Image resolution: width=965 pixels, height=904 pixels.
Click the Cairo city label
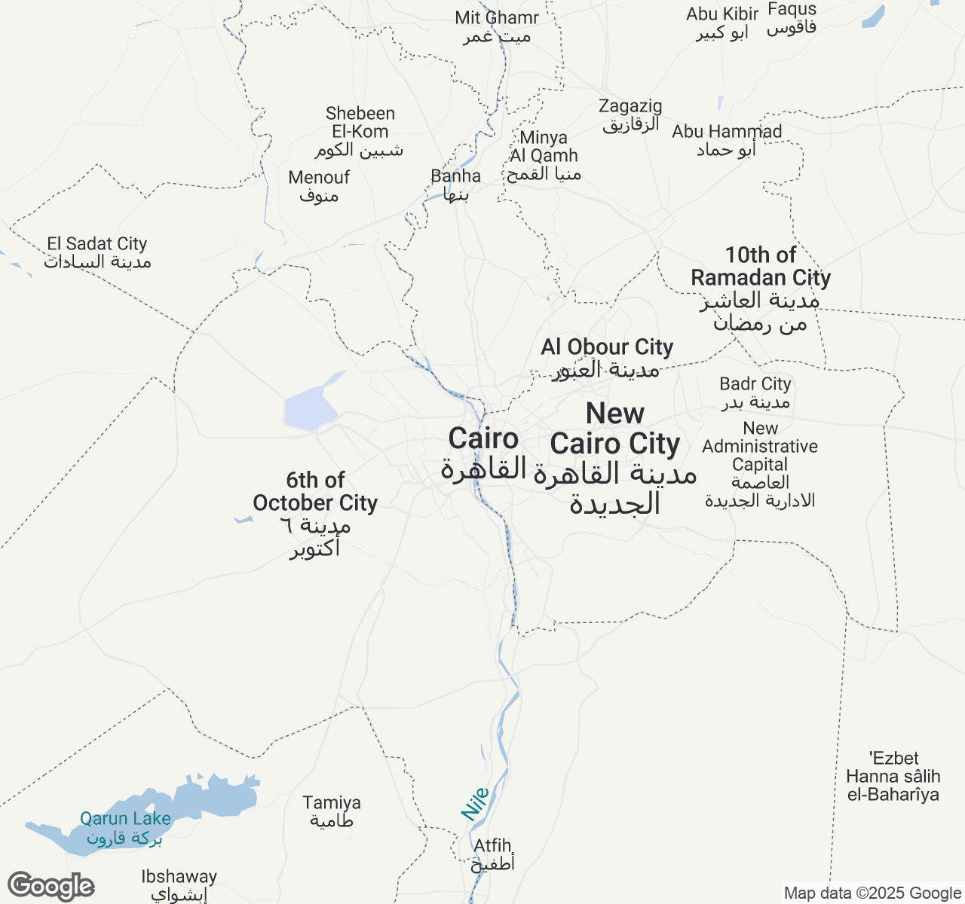point(483,453)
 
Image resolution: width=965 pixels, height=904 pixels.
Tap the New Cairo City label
point(615,458)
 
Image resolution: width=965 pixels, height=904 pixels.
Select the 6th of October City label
point(315,514)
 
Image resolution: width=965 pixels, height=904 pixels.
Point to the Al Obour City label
point(607,358)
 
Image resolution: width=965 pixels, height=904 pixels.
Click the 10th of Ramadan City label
point(761,289)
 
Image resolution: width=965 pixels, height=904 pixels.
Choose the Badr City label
point(755,392)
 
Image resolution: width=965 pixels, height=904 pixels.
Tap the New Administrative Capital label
point(760,464)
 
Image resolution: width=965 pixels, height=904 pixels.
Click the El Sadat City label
point(97,252)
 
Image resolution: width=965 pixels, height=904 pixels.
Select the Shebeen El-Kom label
point(360,131)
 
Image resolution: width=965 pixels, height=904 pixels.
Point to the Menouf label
point(319,186)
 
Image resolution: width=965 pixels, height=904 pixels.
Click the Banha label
point(455,185)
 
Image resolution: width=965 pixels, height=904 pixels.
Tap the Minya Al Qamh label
point(544,155)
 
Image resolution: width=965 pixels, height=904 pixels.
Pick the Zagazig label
point(630,115)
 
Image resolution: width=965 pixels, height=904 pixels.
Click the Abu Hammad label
point(727,140)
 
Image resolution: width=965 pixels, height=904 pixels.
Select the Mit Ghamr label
point(497,26)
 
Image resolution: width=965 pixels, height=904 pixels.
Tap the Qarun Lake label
point(125,827)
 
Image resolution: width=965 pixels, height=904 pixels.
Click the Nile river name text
point(476,804)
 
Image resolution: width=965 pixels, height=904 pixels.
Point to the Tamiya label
point(332,811)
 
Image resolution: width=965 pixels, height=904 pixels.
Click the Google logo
point(51,887)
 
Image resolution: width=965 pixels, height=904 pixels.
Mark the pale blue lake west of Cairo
point(309,407)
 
